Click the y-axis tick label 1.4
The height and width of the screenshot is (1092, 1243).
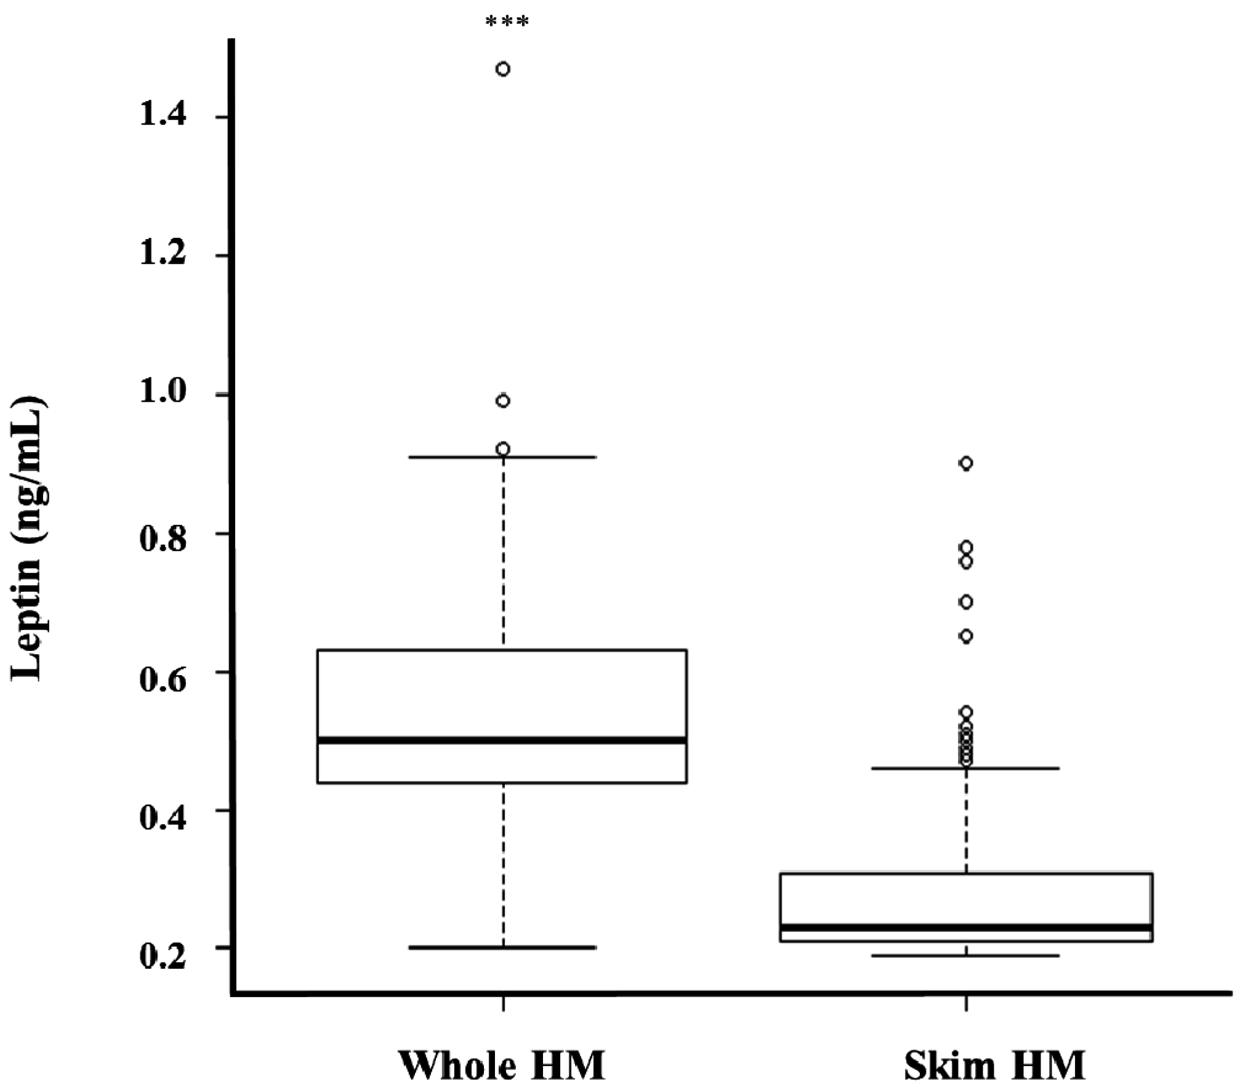point(163,116)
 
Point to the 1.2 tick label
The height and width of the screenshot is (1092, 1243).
point(163,255)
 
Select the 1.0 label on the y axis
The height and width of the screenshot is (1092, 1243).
point(163,394)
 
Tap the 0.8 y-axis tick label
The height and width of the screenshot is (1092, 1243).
point(163,533)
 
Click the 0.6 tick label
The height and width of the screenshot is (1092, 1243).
point(163,672)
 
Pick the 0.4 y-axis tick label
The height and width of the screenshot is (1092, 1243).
point(163,811)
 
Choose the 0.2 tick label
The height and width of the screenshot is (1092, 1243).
point(163,949)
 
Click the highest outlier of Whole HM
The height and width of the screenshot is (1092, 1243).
point(503,69)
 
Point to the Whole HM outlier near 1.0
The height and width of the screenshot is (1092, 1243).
point(503,402)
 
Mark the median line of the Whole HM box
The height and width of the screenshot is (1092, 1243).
point(502,740)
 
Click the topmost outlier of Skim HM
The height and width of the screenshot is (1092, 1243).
point(966,464)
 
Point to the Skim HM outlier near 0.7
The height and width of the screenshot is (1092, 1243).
point(966,602)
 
